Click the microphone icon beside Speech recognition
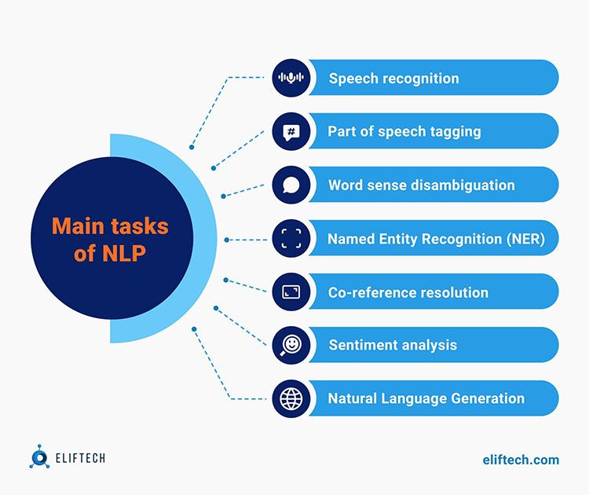coord(291,78)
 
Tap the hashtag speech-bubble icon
coord(291,132)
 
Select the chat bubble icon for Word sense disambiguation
coord(291,185)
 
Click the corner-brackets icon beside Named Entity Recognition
coord(291,238)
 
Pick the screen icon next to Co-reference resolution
coord(291,292)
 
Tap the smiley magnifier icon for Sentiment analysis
coord(291,346)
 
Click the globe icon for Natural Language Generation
coord(291,399)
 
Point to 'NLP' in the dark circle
coord(124,253)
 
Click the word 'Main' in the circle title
coord(78,226)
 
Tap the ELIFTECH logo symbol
coord(39,456)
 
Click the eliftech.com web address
coord(521,460)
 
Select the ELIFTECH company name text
coord(80,458)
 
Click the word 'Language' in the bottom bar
coord(414,399)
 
